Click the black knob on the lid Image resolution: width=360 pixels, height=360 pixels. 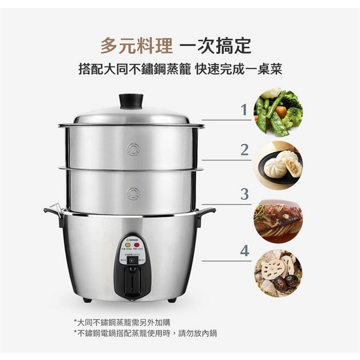(131, 101)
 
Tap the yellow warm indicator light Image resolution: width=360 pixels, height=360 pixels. (128, 245)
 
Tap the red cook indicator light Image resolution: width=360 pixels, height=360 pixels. (136, 245)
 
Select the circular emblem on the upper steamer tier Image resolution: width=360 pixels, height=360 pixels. (133, 149)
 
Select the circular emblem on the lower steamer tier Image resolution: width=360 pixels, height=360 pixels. (133, 194)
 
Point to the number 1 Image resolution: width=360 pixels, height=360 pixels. (244, 110)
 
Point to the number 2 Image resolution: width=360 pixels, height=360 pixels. (244, 150)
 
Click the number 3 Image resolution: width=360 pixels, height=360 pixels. (244, 194)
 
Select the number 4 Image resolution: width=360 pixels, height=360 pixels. (244, 251)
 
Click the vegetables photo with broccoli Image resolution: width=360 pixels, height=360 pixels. (278, 112)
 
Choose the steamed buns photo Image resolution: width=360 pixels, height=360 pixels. (278, 165)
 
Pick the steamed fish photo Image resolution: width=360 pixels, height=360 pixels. (278, 221)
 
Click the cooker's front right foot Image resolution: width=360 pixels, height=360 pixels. (172, 300)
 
